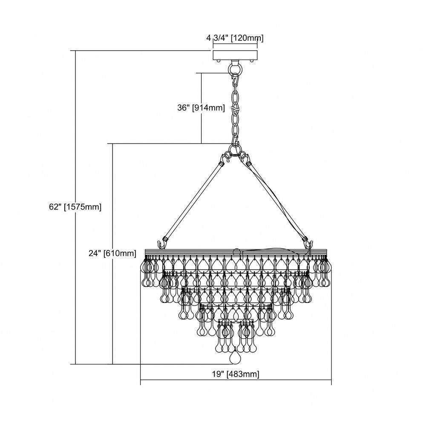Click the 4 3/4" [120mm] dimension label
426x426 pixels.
(235, 38)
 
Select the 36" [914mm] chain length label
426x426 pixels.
(201, 108)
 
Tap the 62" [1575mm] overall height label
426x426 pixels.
(75, 207)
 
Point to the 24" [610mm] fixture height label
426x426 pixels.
(112, 253)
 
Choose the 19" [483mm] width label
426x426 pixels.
(236, 374)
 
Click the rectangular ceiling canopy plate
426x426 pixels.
(235, 55)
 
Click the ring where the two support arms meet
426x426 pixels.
(235, 149)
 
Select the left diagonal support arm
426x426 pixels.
(193, 201)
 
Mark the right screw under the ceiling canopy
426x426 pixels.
(252, 61)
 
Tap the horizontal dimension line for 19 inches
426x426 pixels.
(236, 380)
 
